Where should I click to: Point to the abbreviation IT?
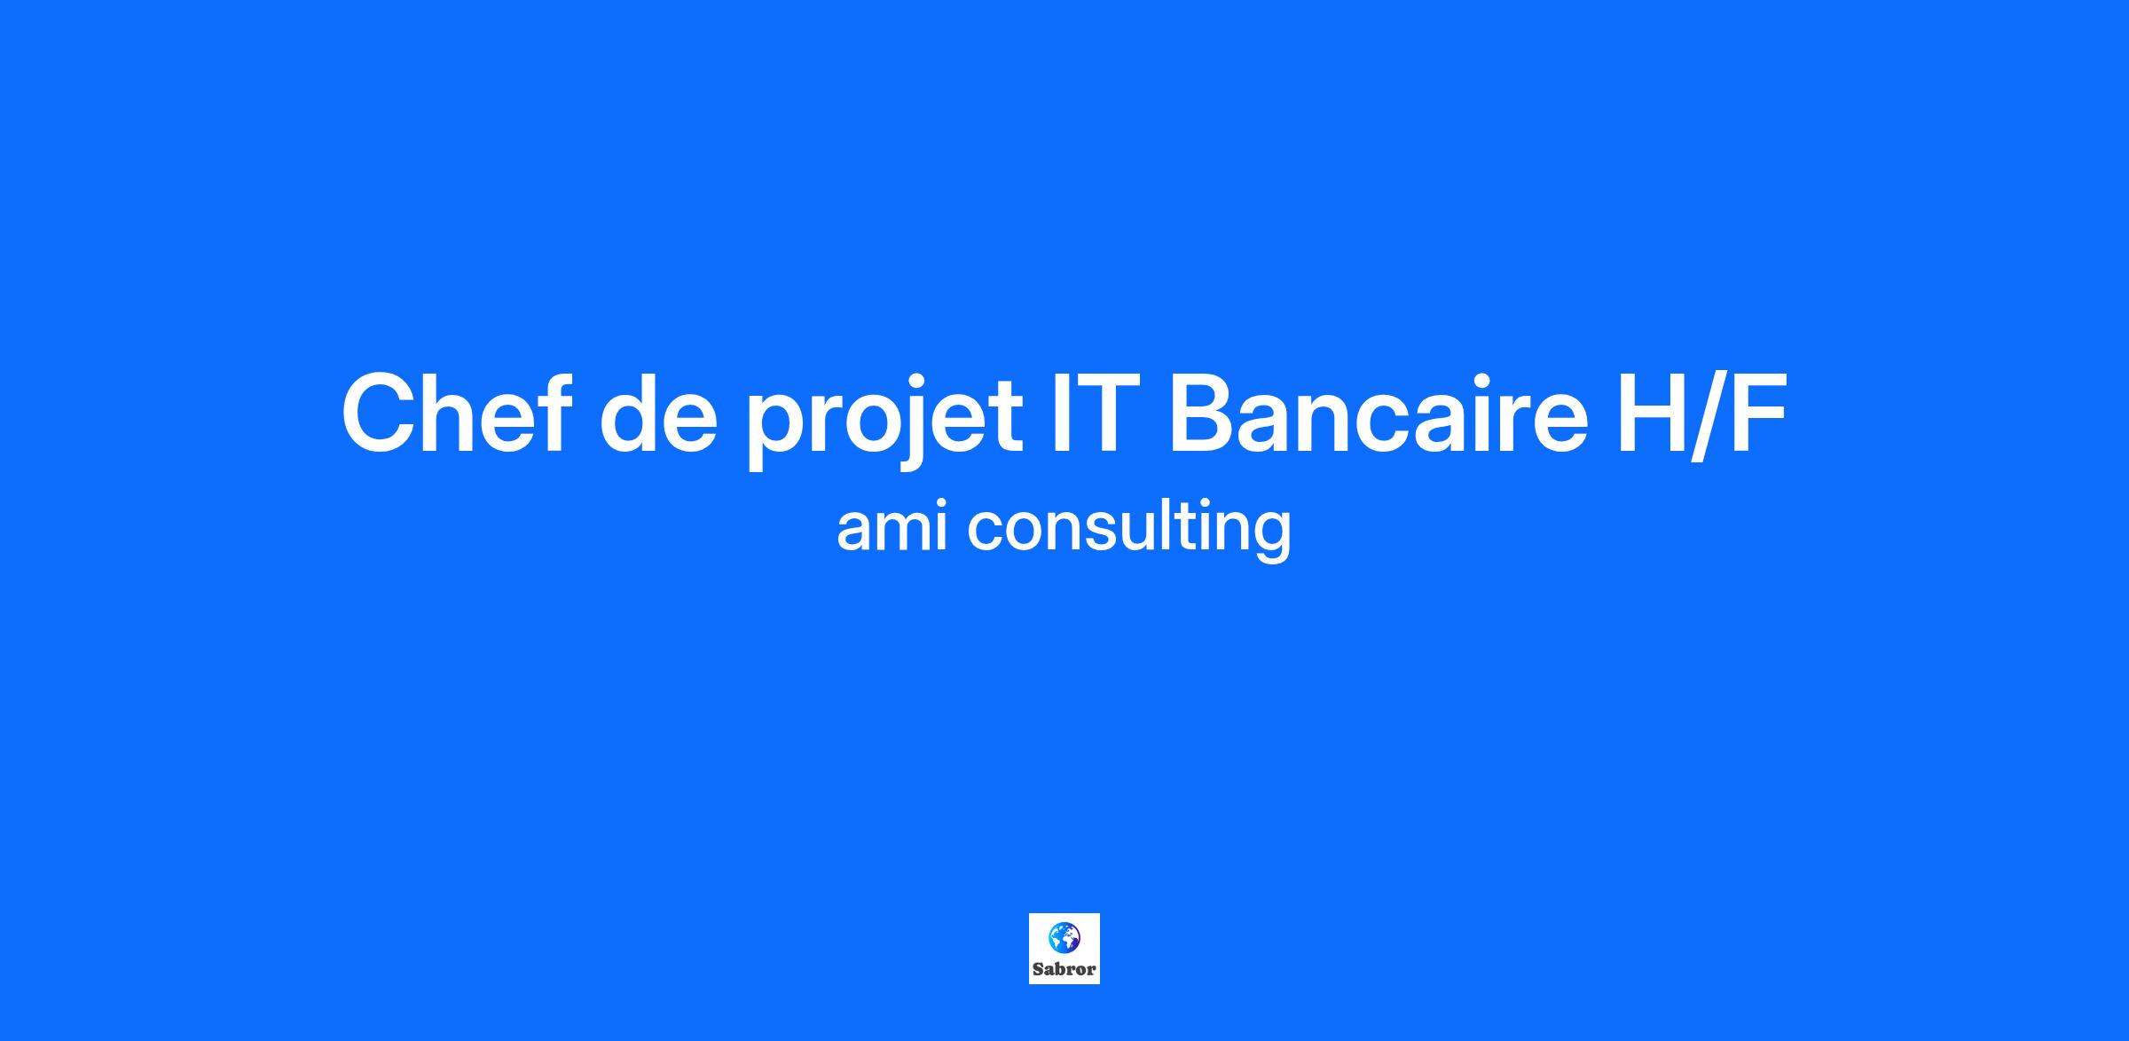pyautogui.click(x=1094, y=414)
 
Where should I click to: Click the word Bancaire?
pyautogui.click(x=1378, y=413)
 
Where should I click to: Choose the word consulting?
pyautogui.click(x=1129, y=531)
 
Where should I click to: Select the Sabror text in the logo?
pyautogui.click(x=1064, y=969)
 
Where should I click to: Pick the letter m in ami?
pyautogui.click(x=908, y=531)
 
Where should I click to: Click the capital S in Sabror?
pyautogui.click(x=1038, y=969)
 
